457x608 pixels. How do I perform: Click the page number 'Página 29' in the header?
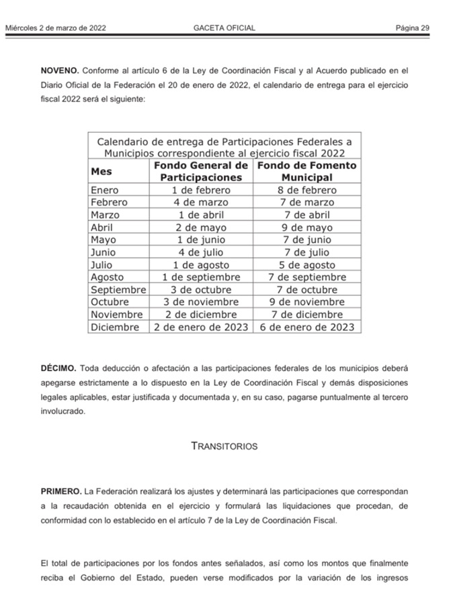pyautogui.click(x=412, y=28)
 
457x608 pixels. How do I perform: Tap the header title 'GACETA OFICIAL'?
pyautogui.click(x=224, y=28)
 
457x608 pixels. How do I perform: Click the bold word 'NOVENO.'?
pyautogui.click(x=60, y=70)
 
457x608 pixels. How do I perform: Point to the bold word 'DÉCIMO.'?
pyautogui.click(x=59, y=368)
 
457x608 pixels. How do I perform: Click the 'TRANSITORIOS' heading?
pyautogui.click(x=224, y=446)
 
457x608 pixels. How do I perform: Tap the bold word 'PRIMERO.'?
pyautogui.click(x=61, y=491)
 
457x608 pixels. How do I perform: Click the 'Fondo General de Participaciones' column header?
pyautogui.click(x=201, y=171)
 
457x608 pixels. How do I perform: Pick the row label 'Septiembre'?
pyautogui.click(x=118, y=289)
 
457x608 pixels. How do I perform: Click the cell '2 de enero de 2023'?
pyautogui.click(x=201, y=327)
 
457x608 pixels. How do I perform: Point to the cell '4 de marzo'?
pyautogui.click(x=201, y=202)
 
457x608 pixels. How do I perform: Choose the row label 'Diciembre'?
pyautogui.click(x=115, y=327)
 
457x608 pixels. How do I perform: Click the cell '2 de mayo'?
pyautogui.click(x=201, y=227)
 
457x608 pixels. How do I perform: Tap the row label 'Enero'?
pyautogui.click(x=104, y=190)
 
